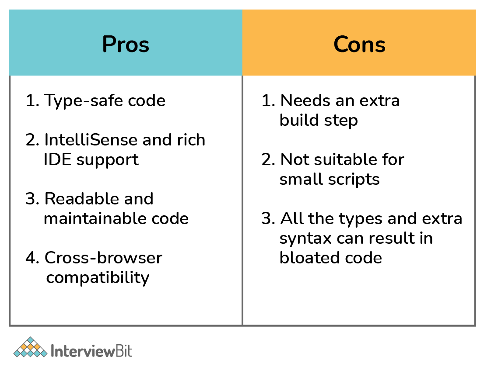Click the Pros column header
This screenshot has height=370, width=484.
(126, 45)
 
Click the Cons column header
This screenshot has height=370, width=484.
(359, 45)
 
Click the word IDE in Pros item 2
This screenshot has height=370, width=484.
(57, 159)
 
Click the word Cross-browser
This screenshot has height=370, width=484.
(103, 258)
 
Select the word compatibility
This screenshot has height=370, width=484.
(98, 277)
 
